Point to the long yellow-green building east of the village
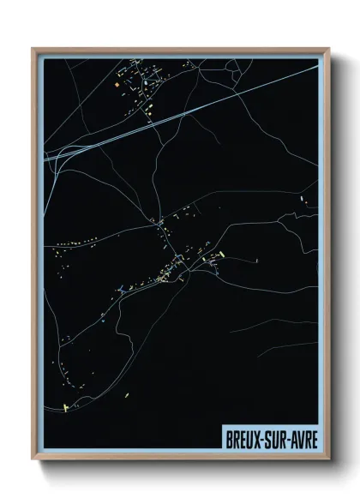220,255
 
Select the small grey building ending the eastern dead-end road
255,258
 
